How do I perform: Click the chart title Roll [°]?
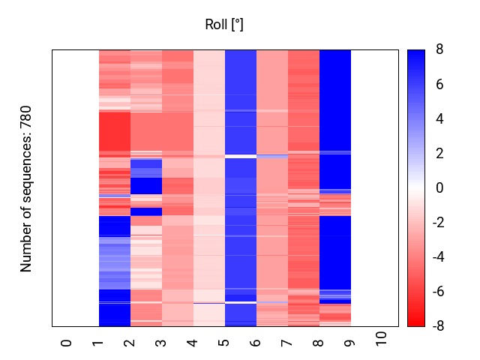pos(224,25)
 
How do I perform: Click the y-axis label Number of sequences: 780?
pos(27,188)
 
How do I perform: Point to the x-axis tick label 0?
pos(67,343)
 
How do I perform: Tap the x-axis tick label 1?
pos(98,343)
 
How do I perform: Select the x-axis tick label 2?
pos(130,343)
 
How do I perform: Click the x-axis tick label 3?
pos(161,343)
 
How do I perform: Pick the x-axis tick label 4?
pos(193,343)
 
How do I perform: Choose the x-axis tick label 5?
pos(224,343)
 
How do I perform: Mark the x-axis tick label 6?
pos(256,343)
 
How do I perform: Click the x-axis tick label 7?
pos(287,343)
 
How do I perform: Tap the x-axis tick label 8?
pos(319,343)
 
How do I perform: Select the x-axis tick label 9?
pos(350,343)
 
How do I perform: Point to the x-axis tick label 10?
pos(382,340)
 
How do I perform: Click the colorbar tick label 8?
pos(439,50)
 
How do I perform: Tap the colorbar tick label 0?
pos(439,188)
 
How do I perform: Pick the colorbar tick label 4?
pos(439,119)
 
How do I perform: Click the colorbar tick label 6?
pos(439,85)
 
